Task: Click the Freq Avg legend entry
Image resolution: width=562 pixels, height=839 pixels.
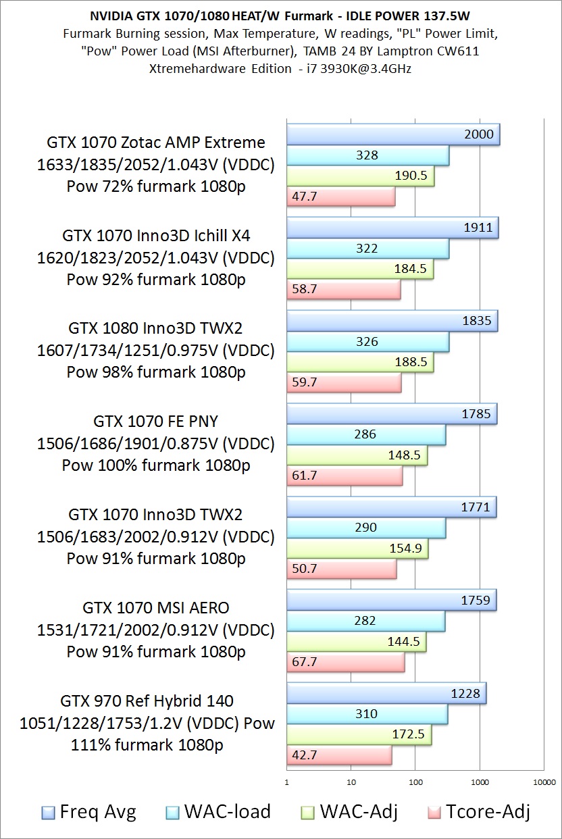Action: (x=88, y=811)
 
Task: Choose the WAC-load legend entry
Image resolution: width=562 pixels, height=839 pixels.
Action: (x=218, y=811)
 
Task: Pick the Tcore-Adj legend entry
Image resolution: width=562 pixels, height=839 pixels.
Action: (x=479, y=811)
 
